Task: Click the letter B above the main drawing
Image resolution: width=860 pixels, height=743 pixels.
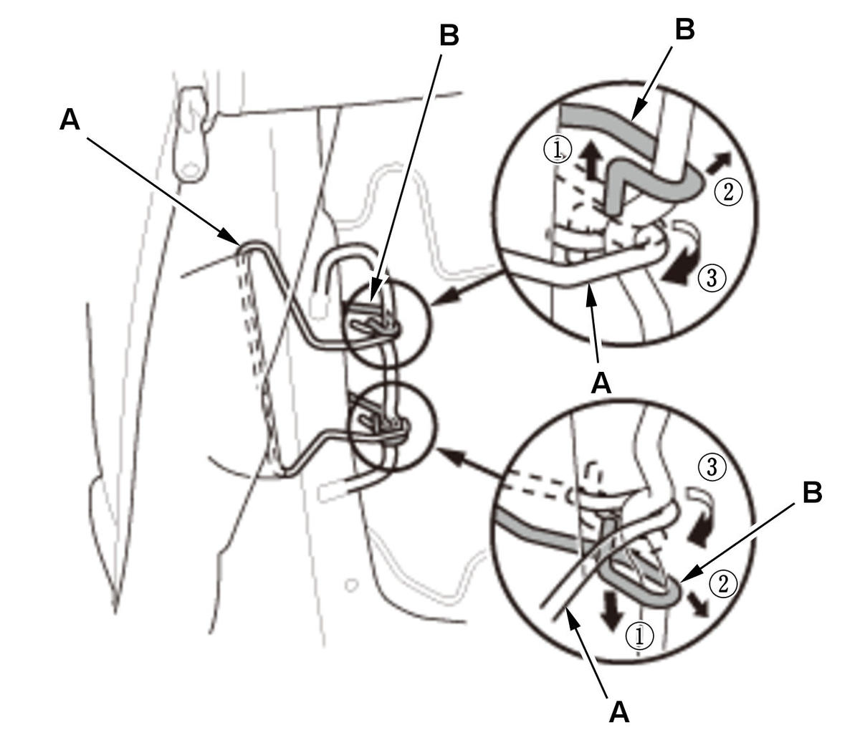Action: click(x=449, y=35)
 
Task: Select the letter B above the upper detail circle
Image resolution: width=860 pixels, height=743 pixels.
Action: click(x=684, y=30)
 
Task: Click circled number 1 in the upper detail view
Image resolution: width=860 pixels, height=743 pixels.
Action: click(x=558, y=151)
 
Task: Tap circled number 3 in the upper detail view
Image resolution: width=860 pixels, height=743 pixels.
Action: click(x=712, y=278)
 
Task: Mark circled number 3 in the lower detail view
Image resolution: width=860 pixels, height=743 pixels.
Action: click(x=712, y=466)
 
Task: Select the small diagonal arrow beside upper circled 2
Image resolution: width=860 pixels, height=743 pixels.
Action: click(x=719, y=162)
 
